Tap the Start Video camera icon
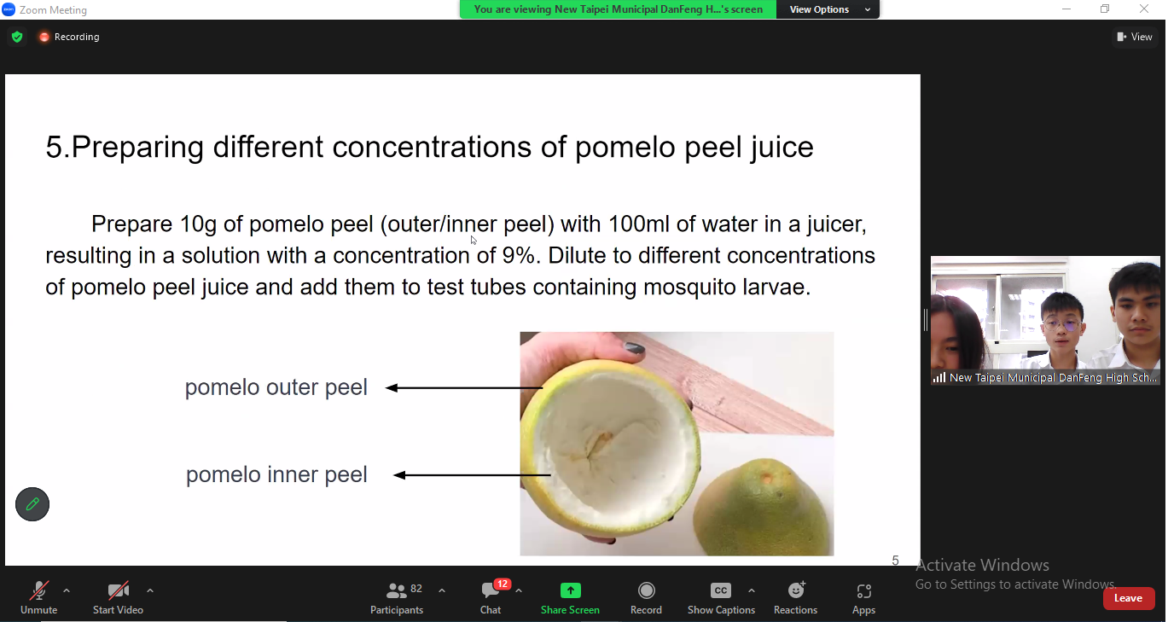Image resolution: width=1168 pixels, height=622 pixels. point(119,590)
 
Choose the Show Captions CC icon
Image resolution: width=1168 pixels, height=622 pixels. point(721,590)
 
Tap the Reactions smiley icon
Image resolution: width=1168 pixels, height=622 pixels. point(796,590)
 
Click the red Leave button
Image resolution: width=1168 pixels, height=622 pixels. point(1129,598)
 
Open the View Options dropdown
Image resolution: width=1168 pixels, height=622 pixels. point(828,9)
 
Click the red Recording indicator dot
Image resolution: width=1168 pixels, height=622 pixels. point(44,37)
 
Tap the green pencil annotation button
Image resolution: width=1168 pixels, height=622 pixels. point(32,504)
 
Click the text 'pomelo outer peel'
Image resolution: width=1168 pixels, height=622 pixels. point(276,387)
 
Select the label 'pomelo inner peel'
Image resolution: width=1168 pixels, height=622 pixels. point(276,474)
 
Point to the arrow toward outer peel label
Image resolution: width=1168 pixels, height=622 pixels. point(463,388)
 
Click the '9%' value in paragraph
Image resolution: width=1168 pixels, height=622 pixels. point(518,255)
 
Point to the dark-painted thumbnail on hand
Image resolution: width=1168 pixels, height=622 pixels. point(634,348)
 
